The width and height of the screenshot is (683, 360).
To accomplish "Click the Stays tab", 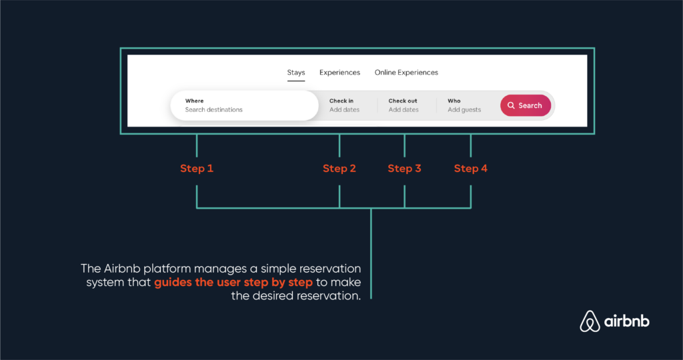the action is [x=295, y=73].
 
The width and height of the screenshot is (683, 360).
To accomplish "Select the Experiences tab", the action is [x=339, y=73].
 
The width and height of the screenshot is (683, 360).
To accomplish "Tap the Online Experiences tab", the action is [x=406, y=73].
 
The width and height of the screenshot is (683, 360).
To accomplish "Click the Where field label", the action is [x=194, y=101].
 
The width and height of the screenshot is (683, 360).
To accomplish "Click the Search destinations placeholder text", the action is [x=214, y=110].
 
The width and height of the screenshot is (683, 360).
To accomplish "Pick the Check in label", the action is [x=341, y=101].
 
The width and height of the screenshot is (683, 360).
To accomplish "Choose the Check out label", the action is [x=403, y=101].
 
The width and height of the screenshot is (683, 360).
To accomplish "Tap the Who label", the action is [x=454, y=101].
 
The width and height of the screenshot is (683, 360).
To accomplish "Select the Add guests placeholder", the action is [x=464, y=110].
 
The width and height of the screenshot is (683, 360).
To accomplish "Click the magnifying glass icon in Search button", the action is [x=511, y=105].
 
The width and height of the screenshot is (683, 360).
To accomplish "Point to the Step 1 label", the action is [x=197, y=169].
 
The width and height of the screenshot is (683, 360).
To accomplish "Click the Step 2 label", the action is [x=339, y=169].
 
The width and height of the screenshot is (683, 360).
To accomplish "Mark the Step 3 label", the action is [x=405, y=169].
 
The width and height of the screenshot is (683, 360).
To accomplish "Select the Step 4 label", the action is [x=471, y=169].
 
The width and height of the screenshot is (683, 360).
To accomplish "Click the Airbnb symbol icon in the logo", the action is [x=590, y=321].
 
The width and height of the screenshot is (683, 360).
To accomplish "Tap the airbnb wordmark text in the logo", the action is [x=627, y=321].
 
